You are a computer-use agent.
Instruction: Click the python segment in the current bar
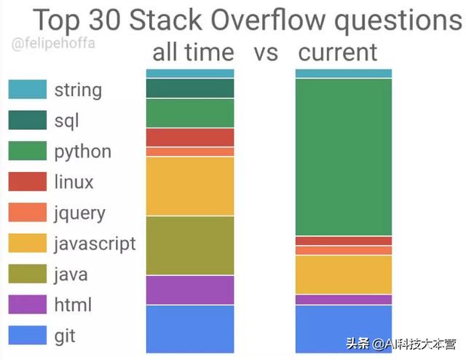coord(344,157)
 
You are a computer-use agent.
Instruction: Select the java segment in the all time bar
coord(190,246)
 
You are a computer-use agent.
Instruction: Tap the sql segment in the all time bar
coord(190,88)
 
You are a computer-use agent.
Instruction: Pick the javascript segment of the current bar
coord(344,275)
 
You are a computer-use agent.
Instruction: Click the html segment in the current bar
coord(344,300)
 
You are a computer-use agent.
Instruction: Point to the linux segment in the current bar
coord(344,240)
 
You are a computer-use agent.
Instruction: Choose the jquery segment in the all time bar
coord(190,152)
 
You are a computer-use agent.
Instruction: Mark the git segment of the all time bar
coord(190,329)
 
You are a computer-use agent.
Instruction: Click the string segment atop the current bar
coord(344,73)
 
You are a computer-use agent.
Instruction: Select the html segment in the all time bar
coord(190,290)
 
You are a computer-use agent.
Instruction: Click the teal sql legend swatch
coord(28,120)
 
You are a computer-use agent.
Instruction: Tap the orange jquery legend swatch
coord(28,212)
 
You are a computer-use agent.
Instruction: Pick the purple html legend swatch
coord(28,305)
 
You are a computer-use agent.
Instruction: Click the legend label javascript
coord(95,244)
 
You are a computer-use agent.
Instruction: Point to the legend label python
coord(83,152)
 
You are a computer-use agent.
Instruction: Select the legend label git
coord(65,337)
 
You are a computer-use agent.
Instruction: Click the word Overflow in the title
coord(268,20)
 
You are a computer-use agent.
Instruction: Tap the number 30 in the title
coord(105,20)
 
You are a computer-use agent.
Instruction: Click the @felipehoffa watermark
coord(53,44)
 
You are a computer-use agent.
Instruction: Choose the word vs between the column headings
coord(266,53)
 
